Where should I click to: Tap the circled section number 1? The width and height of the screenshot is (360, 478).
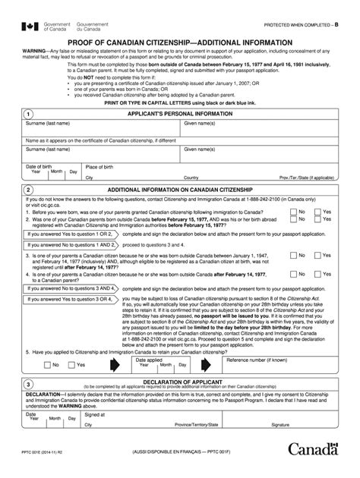pyautogui.click(x=28, y=113)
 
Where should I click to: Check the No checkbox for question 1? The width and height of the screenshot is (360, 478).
pyautogui.click(x=292, y=212)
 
